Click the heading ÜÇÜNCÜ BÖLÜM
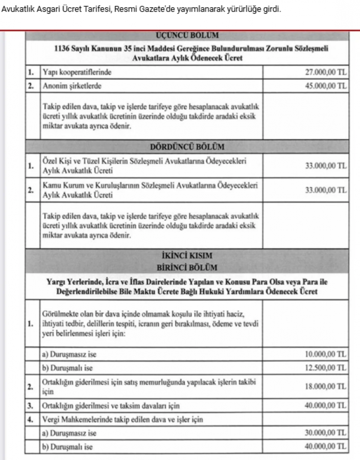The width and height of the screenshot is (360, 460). pyautogui.click(x=186, y=35)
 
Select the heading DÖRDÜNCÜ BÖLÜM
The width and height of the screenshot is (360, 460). pyautogui.click(x=187, y=147)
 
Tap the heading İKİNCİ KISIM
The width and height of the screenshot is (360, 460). pyautogui.click(x=187, y=256)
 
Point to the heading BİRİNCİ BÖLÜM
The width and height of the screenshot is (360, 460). pyautogui.click(x=187, y=267)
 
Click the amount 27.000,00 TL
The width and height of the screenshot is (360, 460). pyautogui.click(x=325, y=73)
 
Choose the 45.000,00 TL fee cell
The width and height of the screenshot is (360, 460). pyautogui.click(x=325, y=85)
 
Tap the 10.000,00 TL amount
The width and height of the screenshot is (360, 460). pyautogui.click(x=325, y=354)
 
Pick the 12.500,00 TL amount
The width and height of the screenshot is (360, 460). pyautogui.click(x=325, y=367)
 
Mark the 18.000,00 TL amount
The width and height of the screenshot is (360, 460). pyautogui.click(x=325, y=387)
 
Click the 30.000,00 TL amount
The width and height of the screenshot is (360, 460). pyautogui.click(x=325, y=433)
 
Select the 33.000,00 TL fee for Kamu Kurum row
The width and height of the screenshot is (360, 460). pyautogui.click(x=325, y=190)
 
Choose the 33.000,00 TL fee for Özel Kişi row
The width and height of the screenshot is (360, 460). pyautogui.click(x=325, y=166)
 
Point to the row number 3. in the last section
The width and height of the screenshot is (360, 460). pyautogui.click(x=31, y=406)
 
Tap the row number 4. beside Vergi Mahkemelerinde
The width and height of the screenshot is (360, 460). pyautogui.click(x=31, y=420)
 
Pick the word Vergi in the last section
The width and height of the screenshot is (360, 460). pyautogui.click(x=51, y=420)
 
